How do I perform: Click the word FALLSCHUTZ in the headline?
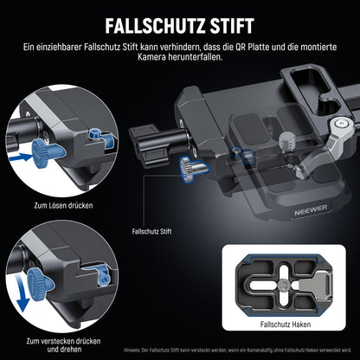(148, 19)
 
